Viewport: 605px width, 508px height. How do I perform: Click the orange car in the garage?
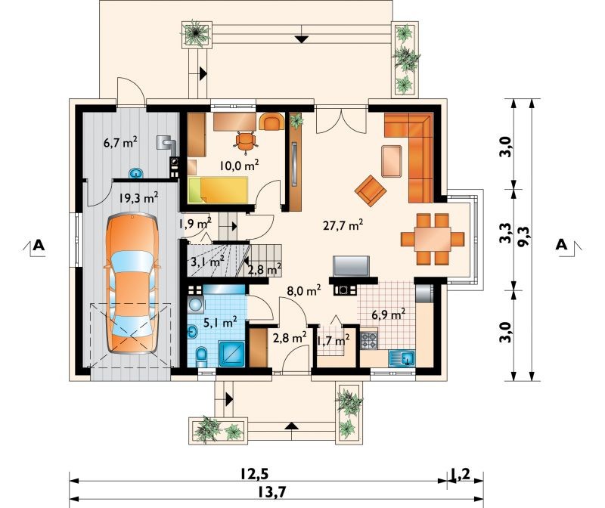coord(132,283)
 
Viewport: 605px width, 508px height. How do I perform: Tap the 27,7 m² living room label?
coord(343,225)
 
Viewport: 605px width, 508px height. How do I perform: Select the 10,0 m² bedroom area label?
coord(239,165)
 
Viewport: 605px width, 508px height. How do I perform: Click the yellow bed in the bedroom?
coord(218,190)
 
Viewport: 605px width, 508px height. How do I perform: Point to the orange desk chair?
coord(246,141)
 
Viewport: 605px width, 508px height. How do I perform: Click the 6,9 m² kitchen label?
coord(388,314)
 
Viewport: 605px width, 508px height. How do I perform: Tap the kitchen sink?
coord(402,358)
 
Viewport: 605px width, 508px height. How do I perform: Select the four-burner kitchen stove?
coord(369,341)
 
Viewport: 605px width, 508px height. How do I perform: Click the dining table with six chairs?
coord(433,239)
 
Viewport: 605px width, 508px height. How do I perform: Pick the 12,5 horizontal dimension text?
coord(254,473)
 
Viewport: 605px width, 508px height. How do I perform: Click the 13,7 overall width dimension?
coord(272,492)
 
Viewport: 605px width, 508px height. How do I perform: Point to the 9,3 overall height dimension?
coord(525,237)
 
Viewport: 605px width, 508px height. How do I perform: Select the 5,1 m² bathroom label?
coord(219,322)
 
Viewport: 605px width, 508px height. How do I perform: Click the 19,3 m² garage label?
coord(138,198)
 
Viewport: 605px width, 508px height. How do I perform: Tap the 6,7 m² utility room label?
coord(120,143)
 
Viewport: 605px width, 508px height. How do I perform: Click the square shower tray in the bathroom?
coord(231,354)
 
